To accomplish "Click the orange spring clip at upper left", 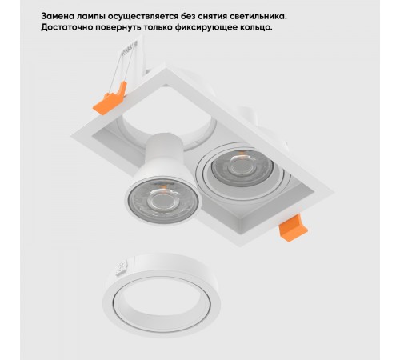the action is point(110,98).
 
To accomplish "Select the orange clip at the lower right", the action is point(293,228).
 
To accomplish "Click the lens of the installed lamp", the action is point(242,167).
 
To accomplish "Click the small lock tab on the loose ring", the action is point(122,267).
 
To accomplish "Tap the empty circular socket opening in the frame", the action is point(166,118).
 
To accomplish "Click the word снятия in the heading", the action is point(212,17).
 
